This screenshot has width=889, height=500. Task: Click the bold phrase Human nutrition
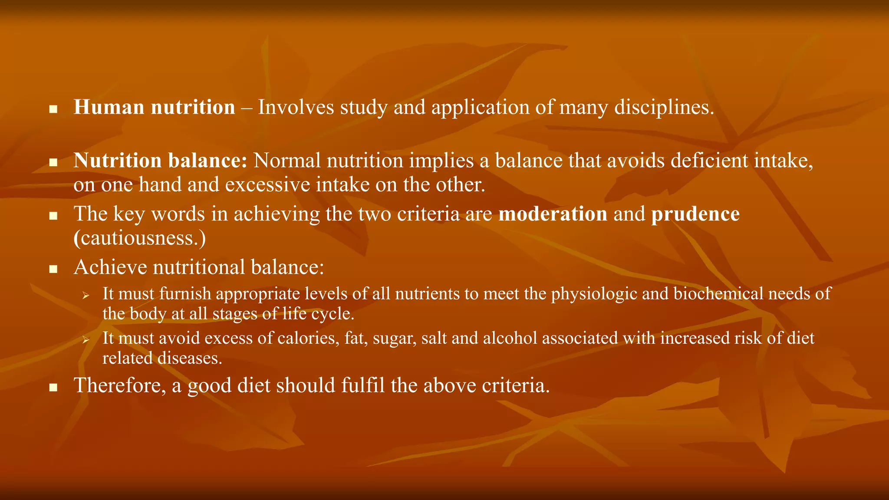(x=154, y=108)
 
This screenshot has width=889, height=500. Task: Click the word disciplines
(x=664, y=108)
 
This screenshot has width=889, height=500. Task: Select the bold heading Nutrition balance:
(x=160, y=161)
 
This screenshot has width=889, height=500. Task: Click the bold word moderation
(x=553, y=214)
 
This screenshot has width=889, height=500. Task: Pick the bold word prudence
(x=695, y=214)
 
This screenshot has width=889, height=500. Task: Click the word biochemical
(x=718, y=294)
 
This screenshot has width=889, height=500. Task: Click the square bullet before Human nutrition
(x=53, y=109)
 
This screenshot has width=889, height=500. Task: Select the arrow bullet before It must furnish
(x=86, y=296)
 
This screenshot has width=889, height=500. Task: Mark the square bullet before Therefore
(x=53, y=388)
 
